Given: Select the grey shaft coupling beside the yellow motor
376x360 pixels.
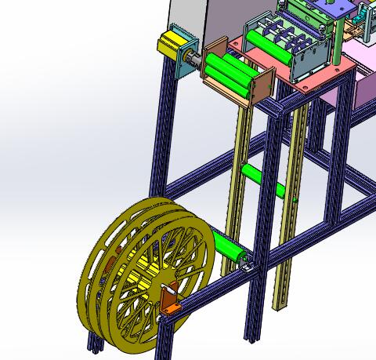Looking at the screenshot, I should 193,59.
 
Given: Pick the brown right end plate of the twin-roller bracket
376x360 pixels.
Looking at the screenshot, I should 262,85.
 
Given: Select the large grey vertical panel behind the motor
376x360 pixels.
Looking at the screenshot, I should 188,20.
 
